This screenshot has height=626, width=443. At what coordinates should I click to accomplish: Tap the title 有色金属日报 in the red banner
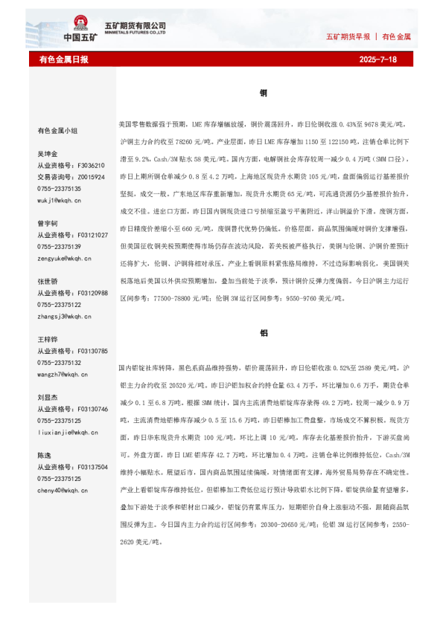63,59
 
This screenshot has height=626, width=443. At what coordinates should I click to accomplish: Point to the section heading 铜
264,94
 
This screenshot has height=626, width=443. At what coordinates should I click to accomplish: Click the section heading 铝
264,333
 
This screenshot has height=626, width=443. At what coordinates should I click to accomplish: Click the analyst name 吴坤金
48,154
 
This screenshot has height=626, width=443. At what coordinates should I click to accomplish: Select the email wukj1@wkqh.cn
60,201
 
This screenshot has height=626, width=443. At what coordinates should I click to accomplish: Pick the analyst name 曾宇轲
48,223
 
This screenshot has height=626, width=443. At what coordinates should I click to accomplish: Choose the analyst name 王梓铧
48,339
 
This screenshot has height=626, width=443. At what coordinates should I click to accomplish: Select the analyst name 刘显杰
48,397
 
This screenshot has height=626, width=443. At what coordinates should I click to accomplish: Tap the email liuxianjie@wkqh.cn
67,432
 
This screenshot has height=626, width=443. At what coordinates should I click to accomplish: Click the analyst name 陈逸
45,455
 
